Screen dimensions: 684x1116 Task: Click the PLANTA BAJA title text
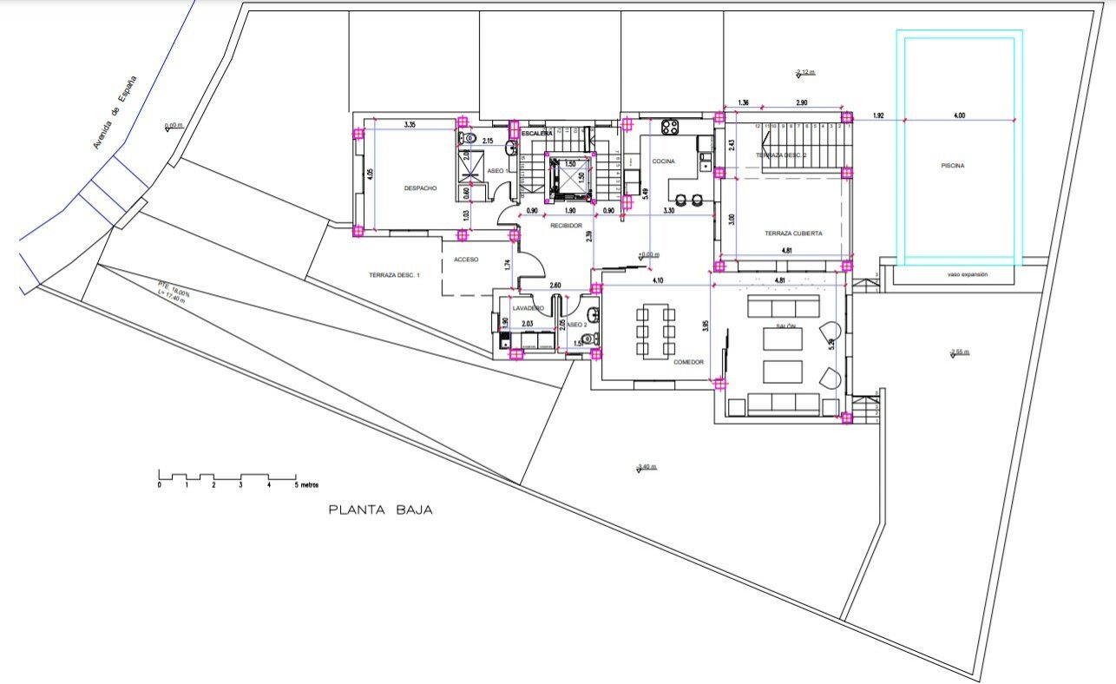point(380,510)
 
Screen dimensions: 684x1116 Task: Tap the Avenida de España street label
point(115,112)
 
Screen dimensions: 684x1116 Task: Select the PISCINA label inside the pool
point(952,165)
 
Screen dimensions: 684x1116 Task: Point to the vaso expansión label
point(967,275)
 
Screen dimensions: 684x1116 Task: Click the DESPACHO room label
point(420,187)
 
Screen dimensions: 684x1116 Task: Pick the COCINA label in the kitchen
point(663,161)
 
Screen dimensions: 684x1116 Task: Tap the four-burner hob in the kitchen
point(670,128)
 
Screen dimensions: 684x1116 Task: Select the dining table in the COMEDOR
point(655,331)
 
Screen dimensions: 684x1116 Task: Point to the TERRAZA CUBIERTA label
point(793,233)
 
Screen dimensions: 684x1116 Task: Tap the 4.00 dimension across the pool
point(958,115)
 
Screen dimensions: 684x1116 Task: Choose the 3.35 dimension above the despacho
point(410,125)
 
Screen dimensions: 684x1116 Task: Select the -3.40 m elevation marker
point(647,468)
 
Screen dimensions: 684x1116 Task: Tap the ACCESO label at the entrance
point(465,259)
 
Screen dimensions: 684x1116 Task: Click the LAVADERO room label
point(528,308)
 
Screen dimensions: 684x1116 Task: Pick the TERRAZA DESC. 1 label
point(394,274)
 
